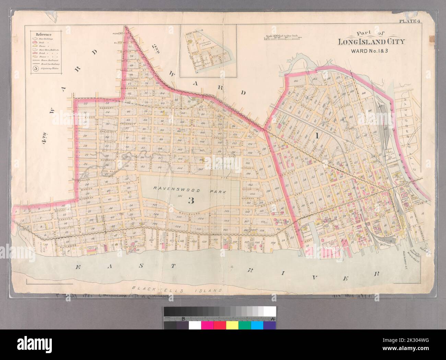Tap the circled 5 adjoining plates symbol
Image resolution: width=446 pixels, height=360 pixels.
click(36, 68)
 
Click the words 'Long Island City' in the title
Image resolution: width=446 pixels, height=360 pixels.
click(371, 43)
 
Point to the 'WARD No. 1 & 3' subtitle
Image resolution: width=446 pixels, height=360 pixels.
click(371, 51)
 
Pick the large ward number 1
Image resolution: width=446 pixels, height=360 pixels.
click(317, 136)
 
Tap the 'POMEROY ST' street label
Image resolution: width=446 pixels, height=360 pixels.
click(120, 34)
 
